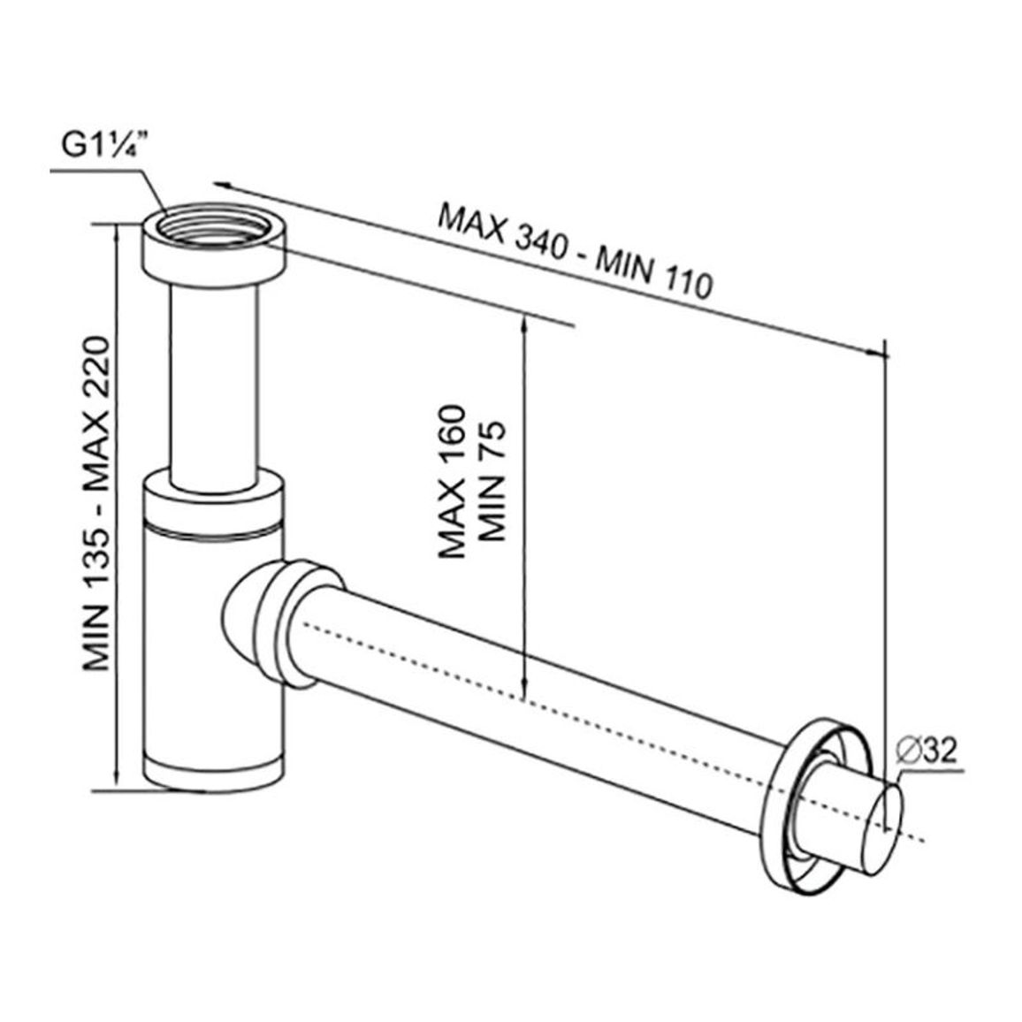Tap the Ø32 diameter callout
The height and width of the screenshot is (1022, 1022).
[927, 751]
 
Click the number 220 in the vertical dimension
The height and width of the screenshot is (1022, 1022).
[96, 368]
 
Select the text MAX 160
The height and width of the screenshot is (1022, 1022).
[453, 482]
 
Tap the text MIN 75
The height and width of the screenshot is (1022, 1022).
[492, 482]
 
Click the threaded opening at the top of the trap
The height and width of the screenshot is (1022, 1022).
[214, 225]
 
